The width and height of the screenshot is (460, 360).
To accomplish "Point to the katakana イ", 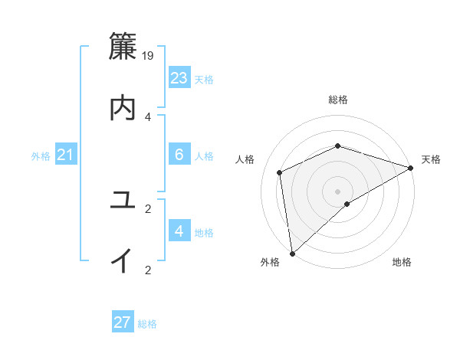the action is coord(123,261).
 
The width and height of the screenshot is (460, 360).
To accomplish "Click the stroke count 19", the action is coord(149,55).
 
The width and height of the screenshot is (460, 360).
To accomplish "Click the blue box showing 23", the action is coord(179,78).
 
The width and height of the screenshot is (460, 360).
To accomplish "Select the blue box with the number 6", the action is coord(179,155).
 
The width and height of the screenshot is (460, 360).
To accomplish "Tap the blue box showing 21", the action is coord(65,155).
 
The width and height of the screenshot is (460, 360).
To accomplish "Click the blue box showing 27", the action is coord(122,322).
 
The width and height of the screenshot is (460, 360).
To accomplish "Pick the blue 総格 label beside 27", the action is coord(147,324).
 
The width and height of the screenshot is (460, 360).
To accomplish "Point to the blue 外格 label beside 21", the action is coord(41,156).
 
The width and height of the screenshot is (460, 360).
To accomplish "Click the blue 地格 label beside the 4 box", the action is coord(204,233).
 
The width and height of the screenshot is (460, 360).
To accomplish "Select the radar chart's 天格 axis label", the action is coord(431,159).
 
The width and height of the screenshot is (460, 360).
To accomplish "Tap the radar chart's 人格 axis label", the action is coord(245,159).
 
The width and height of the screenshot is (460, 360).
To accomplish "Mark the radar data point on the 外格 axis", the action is coord(292,253).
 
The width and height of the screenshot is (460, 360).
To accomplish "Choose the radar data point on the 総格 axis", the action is coord(337,146).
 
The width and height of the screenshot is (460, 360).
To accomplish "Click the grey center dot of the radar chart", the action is coord(337,191).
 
